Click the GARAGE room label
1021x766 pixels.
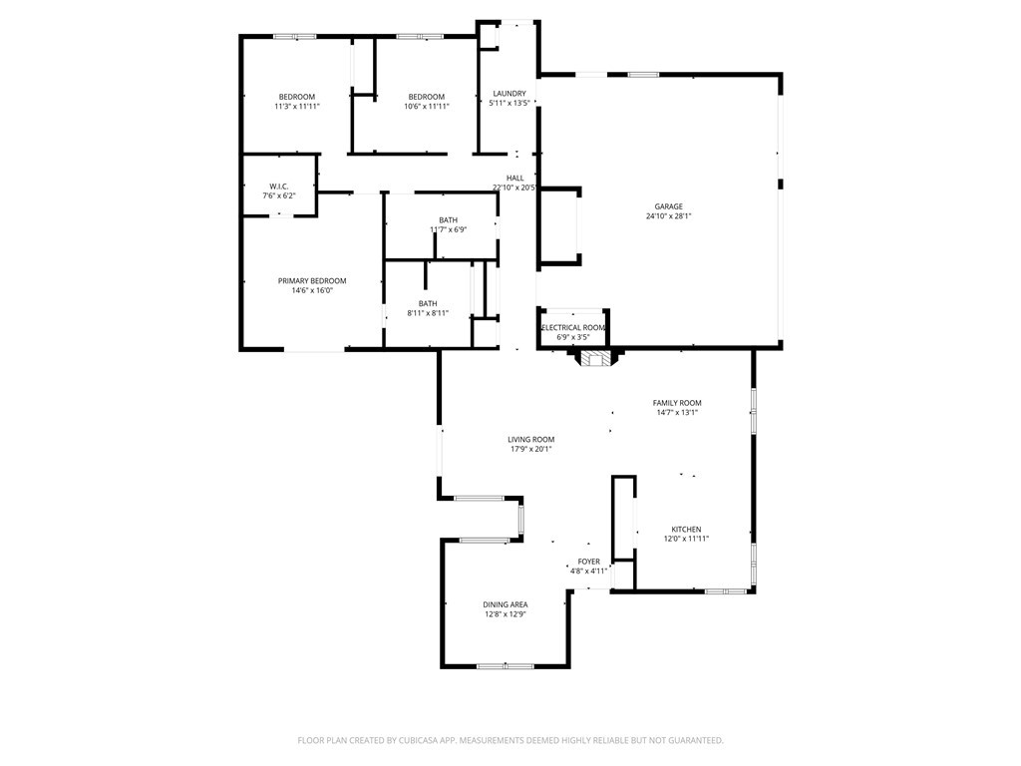pos(669,206)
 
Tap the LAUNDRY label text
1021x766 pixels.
pos(509,94)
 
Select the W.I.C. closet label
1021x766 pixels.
pos(279,187)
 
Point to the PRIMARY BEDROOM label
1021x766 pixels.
pos(312,281)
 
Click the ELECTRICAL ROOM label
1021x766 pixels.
pos(573,328)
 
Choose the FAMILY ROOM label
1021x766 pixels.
pos(677,403)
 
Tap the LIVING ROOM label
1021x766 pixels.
pos(530,439)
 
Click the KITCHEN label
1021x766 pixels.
pos(686,530)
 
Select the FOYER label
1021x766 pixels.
pos(589,562)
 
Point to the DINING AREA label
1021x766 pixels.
pos(506,604)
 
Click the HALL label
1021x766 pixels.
pos(514,179)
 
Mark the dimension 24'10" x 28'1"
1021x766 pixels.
pos(669,216)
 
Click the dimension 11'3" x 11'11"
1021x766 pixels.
pos(297,107)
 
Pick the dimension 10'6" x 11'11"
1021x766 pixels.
pos(427,107)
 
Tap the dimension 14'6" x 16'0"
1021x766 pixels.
pos(312,291)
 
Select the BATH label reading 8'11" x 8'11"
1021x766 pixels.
pos(428,304)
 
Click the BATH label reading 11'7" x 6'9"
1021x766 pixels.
pos(449,220)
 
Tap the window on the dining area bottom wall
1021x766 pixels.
pos(505,665)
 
